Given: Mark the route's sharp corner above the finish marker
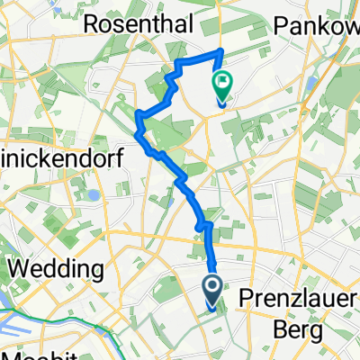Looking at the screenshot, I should tap(221, 49).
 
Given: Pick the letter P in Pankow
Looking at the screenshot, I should tap(299, 22).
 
